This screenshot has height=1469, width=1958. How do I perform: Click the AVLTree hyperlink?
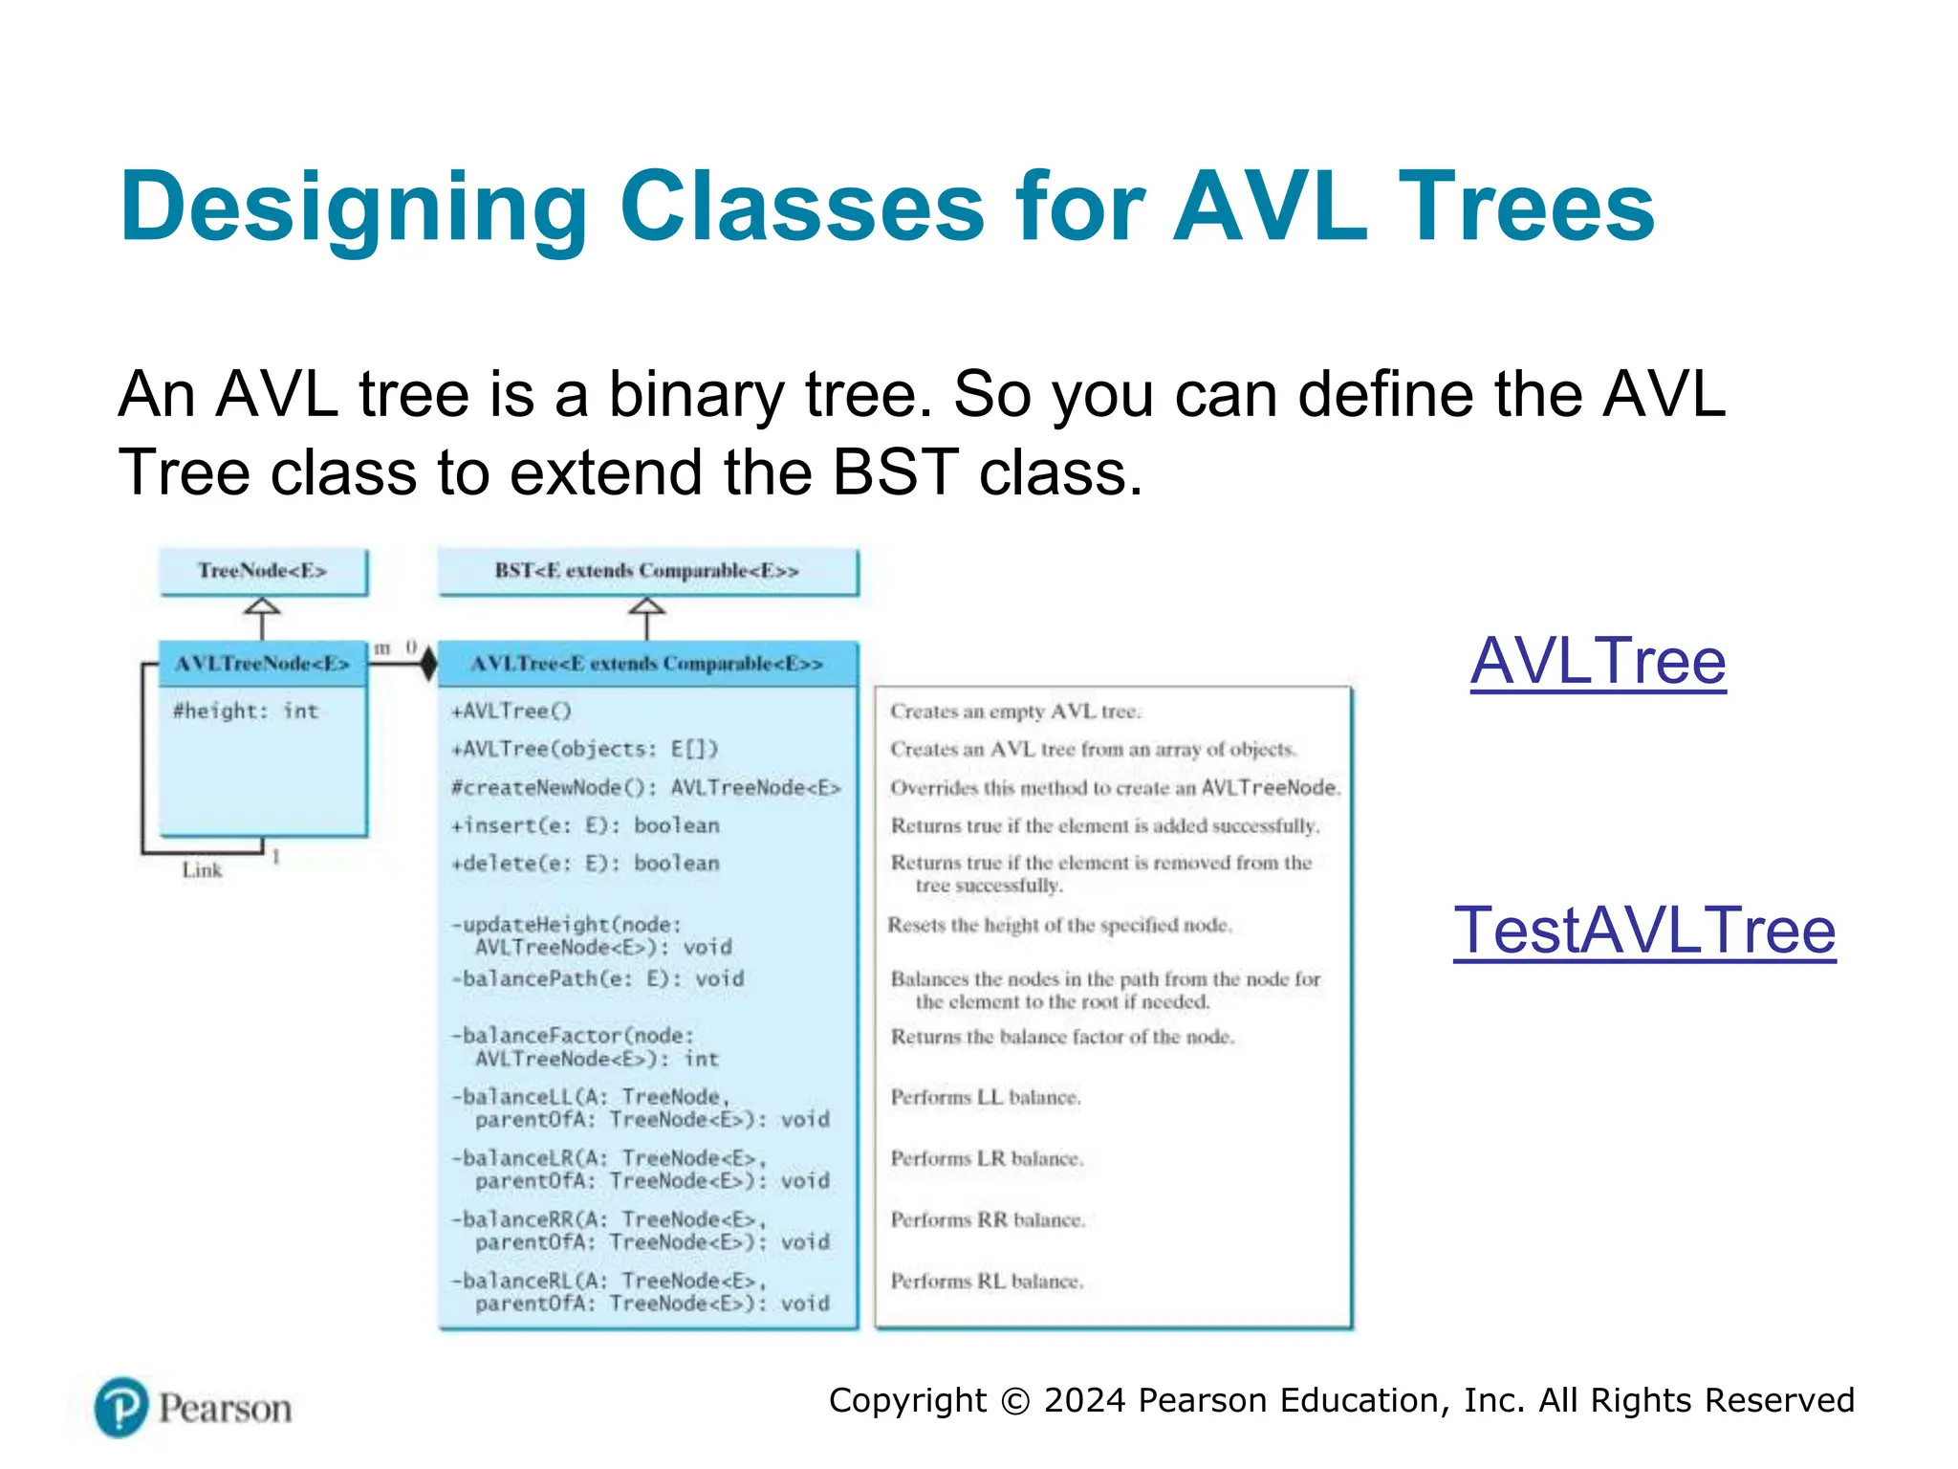pyautogui.click(x=1598, y=661)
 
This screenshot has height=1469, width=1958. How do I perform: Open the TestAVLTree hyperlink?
pyautogui.click(x=1643, y=931)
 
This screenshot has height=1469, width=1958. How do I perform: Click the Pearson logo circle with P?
pyautogui.click(x=121, y=1407)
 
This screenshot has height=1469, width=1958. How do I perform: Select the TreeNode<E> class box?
pyautogui.click(x=263, y=571)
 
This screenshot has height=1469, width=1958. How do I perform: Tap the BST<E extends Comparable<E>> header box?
pyautogui.click(x=647, y=571)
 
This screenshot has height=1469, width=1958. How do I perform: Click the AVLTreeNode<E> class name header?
pyautogui.click(x=263, y=663)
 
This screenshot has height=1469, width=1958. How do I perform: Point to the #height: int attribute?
pyautogui.click(x=245, y=711)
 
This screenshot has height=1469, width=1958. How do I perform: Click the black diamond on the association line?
pyautogui.click(x=427, y=663)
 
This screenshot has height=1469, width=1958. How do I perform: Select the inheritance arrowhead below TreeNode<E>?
pyautogui.click(x=263, y=606)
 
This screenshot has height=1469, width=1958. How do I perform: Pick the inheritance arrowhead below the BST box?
pyautogui.click(x=647, y=606)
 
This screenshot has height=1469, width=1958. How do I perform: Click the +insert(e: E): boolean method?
pyautogui.click(x=585, y=825)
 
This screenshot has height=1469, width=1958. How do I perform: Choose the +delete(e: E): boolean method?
pyautogui.click(x=585, y=863)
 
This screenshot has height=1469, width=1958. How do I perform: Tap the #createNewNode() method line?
pyautogui.click(x=646, y=787)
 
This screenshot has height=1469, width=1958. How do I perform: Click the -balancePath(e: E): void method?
pyautogui.click(x=598, y=978)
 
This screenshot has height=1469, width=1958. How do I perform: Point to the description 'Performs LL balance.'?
pyautogui.click(x=986, y=1097)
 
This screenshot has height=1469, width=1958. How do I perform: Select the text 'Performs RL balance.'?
pyautogui.click(x=987, y=1281)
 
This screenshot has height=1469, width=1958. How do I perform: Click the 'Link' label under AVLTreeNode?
pyautogui.click(x=202, y=870)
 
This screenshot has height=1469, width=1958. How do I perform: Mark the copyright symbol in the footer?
pyautogui.click(x=1014, y=1401)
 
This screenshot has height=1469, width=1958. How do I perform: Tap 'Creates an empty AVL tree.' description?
pyautogui.click(x=1015, y=712)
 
